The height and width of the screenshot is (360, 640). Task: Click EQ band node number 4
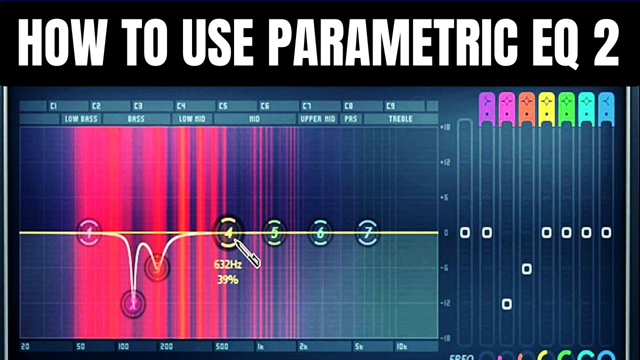pyautogui.click(x=228, y=232)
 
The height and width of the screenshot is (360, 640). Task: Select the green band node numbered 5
pyautogui.click(x=274, y=232)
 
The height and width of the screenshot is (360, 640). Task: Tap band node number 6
pyautogui.click(x=320, y=232)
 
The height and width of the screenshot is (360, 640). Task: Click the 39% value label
pyautogui.click(x=227, y=280)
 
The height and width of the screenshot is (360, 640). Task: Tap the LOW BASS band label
pyautogui.click(x=80, y=119)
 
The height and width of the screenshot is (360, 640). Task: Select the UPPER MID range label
pyautogui.click(x=318, y=119)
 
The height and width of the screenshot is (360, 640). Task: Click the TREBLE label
pyautogui.click(x=400, y=119)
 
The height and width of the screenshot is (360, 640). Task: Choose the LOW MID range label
pyautogui.click(x=192, y=119)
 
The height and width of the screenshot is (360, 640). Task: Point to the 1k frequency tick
pyautogui.click(x=261, y=346)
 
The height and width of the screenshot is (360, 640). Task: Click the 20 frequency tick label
pyautogui.click(x=25, y=346)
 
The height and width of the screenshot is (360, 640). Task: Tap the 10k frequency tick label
pyautogui.click(x=401, y=346)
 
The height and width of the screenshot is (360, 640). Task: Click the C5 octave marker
pyautogui.click(x=222, y=106)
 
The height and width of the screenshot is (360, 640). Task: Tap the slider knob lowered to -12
pyautogui.click(x=506, y=303)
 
